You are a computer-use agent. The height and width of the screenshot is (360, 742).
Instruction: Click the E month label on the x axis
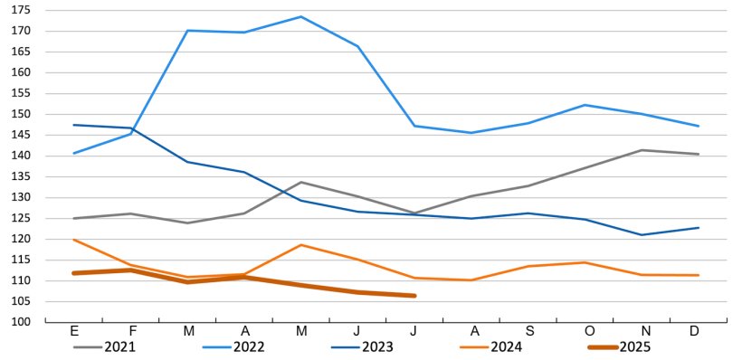[x=74, y=331]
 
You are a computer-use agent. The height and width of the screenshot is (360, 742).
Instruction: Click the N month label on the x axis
[x=639, y=331]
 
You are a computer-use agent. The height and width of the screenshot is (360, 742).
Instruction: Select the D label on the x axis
[x=695, y=331]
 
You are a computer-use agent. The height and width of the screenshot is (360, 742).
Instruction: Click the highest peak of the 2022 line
[x=300, y=16]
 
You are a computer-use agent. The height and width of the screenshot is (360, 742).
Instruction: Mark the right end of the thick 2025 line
[x=414, y=296]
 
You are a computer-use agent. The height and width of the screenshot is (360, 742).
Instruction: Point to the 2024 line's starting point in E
[x=74, y=240]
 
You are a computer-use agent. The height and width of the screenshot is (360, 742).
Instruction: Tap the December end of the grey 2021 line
[x=698, y=154]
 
